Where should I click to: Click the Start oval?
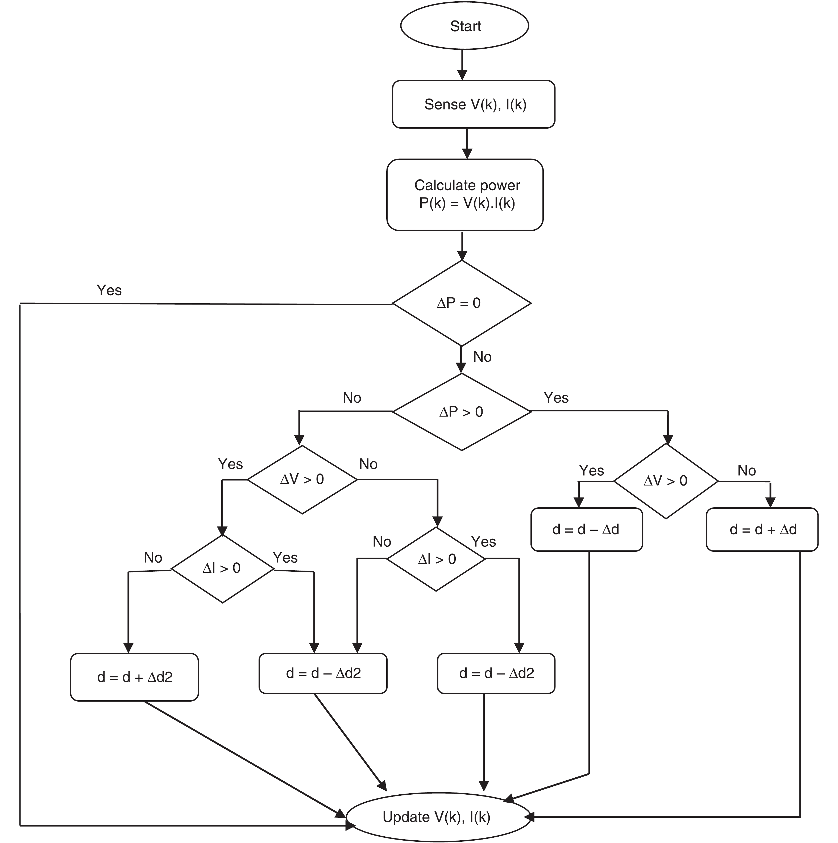tap(465, 26)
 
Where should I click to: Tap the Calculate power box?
tap(465, 195)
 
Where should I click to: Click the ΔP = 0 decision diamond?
tap(462, 303)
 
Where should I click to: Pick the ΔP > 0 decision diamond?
tap(462, 411)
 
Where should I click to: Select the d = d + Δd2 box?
tap(135, 677)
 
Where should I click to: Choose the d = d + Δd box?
tap(762, 529)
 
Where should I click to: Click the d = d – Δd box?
tap(587, 529)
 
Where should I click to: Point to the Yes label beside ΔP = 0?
tap(109, 290)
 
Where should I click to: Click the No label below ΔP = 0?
tap(482, 357)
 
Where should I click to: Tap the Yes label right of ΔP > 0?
tap(556, 398)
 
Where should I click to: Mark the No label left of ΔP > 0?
tap(352, 398)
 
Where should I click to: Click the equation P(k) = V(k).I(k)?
tap(467, 203)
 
